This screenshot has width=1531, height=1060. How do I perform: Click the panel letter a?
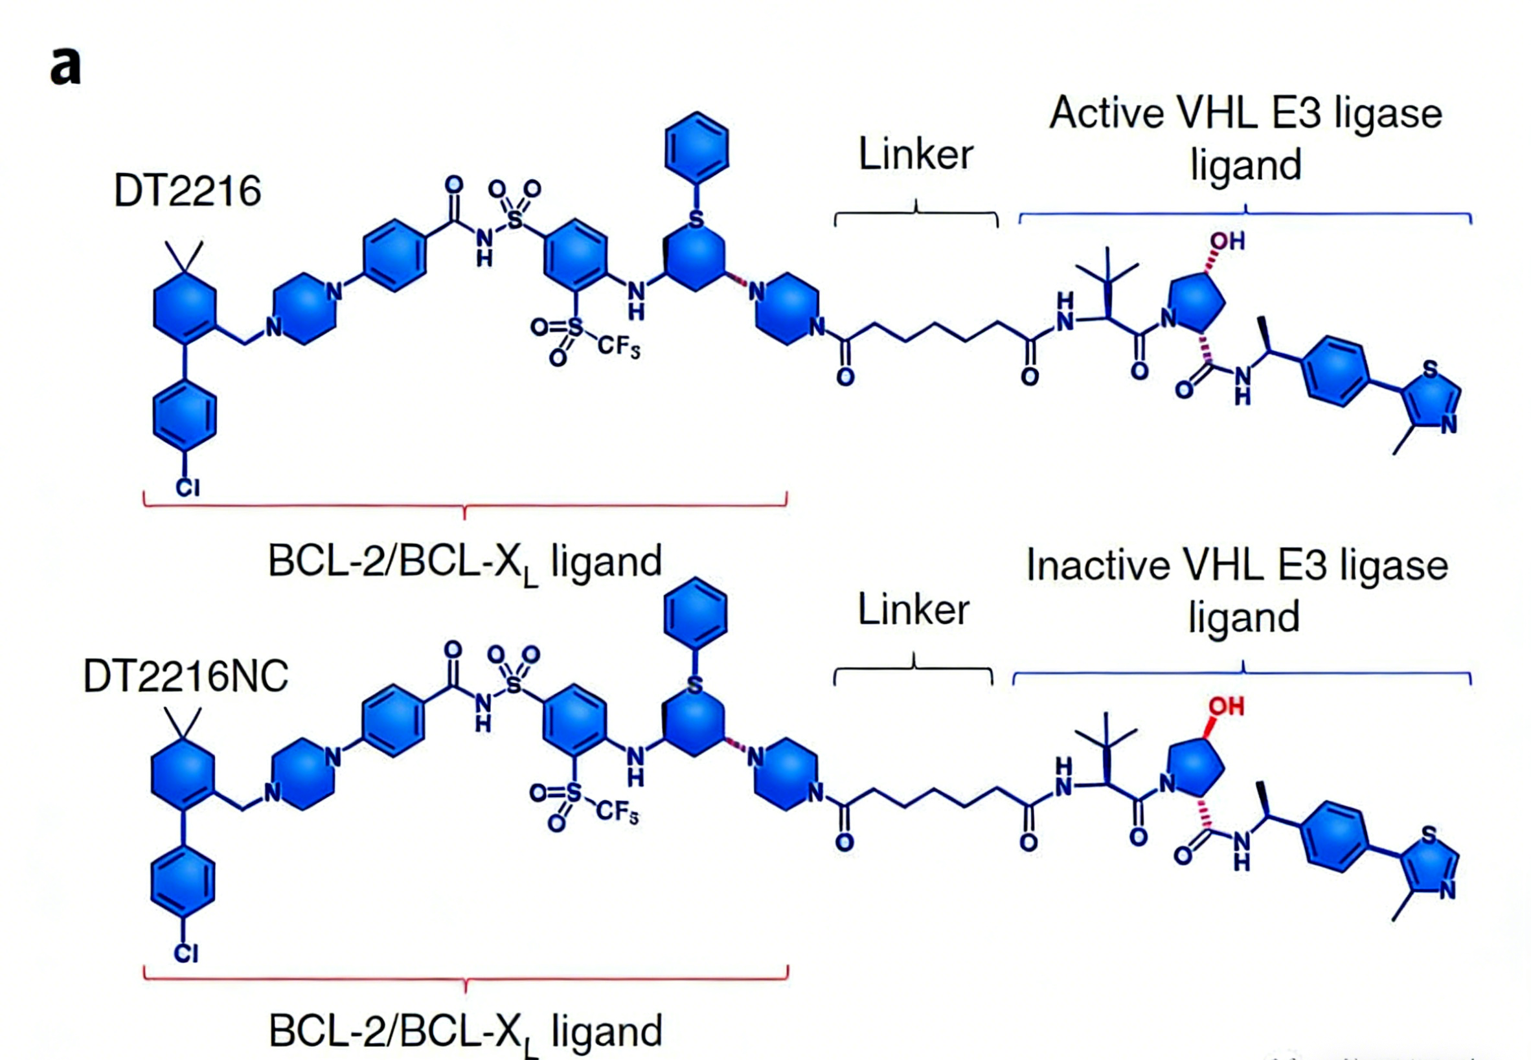[x=65, y=69]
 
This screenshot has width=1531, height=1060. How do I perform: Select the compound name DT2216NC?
[x=185, y=677]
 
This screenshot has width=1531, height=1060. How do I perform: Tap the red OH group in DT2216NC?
[x=1226, y=706]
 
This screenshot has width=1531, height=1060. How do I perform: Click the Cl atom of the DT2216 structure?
[x=187, y=488]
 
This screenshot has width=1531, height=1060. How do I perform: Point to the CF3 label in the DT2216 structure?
[x=618, y=346]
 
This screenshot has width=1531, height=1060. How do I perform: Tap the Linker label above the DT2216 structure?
[x=915, y=155]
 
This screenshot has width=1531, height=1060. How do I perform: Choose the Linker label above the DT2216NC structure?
[x=913, y=610]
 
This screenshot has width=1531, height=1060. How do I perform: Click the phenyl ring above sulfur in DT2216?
[x=696, y=148]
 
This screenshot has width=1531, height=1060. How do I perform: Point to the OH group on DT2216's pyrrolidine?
[x=1227, y=241]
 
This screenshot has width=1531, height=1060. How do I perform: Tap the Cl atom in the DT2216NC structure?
[x=186, y=954]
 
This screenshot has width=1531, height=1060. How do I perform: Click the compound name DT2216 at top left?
[x=187, y=191]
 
